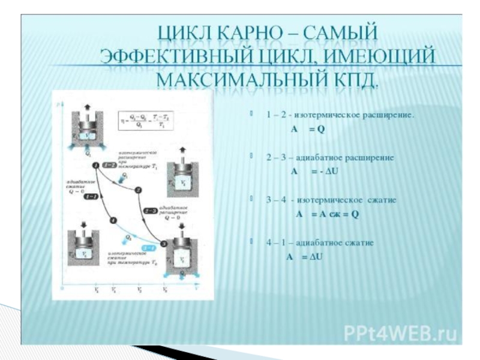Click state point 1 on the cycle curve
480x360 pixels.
point(96,157)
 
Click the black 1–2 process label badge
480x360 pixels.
point(110,164)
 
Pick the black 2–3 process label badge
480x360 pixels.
point(151,211)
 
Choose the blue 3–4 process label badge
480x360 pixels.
point(148,247)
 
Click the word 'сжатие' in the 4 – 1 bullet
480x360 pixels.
point(359,243)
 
